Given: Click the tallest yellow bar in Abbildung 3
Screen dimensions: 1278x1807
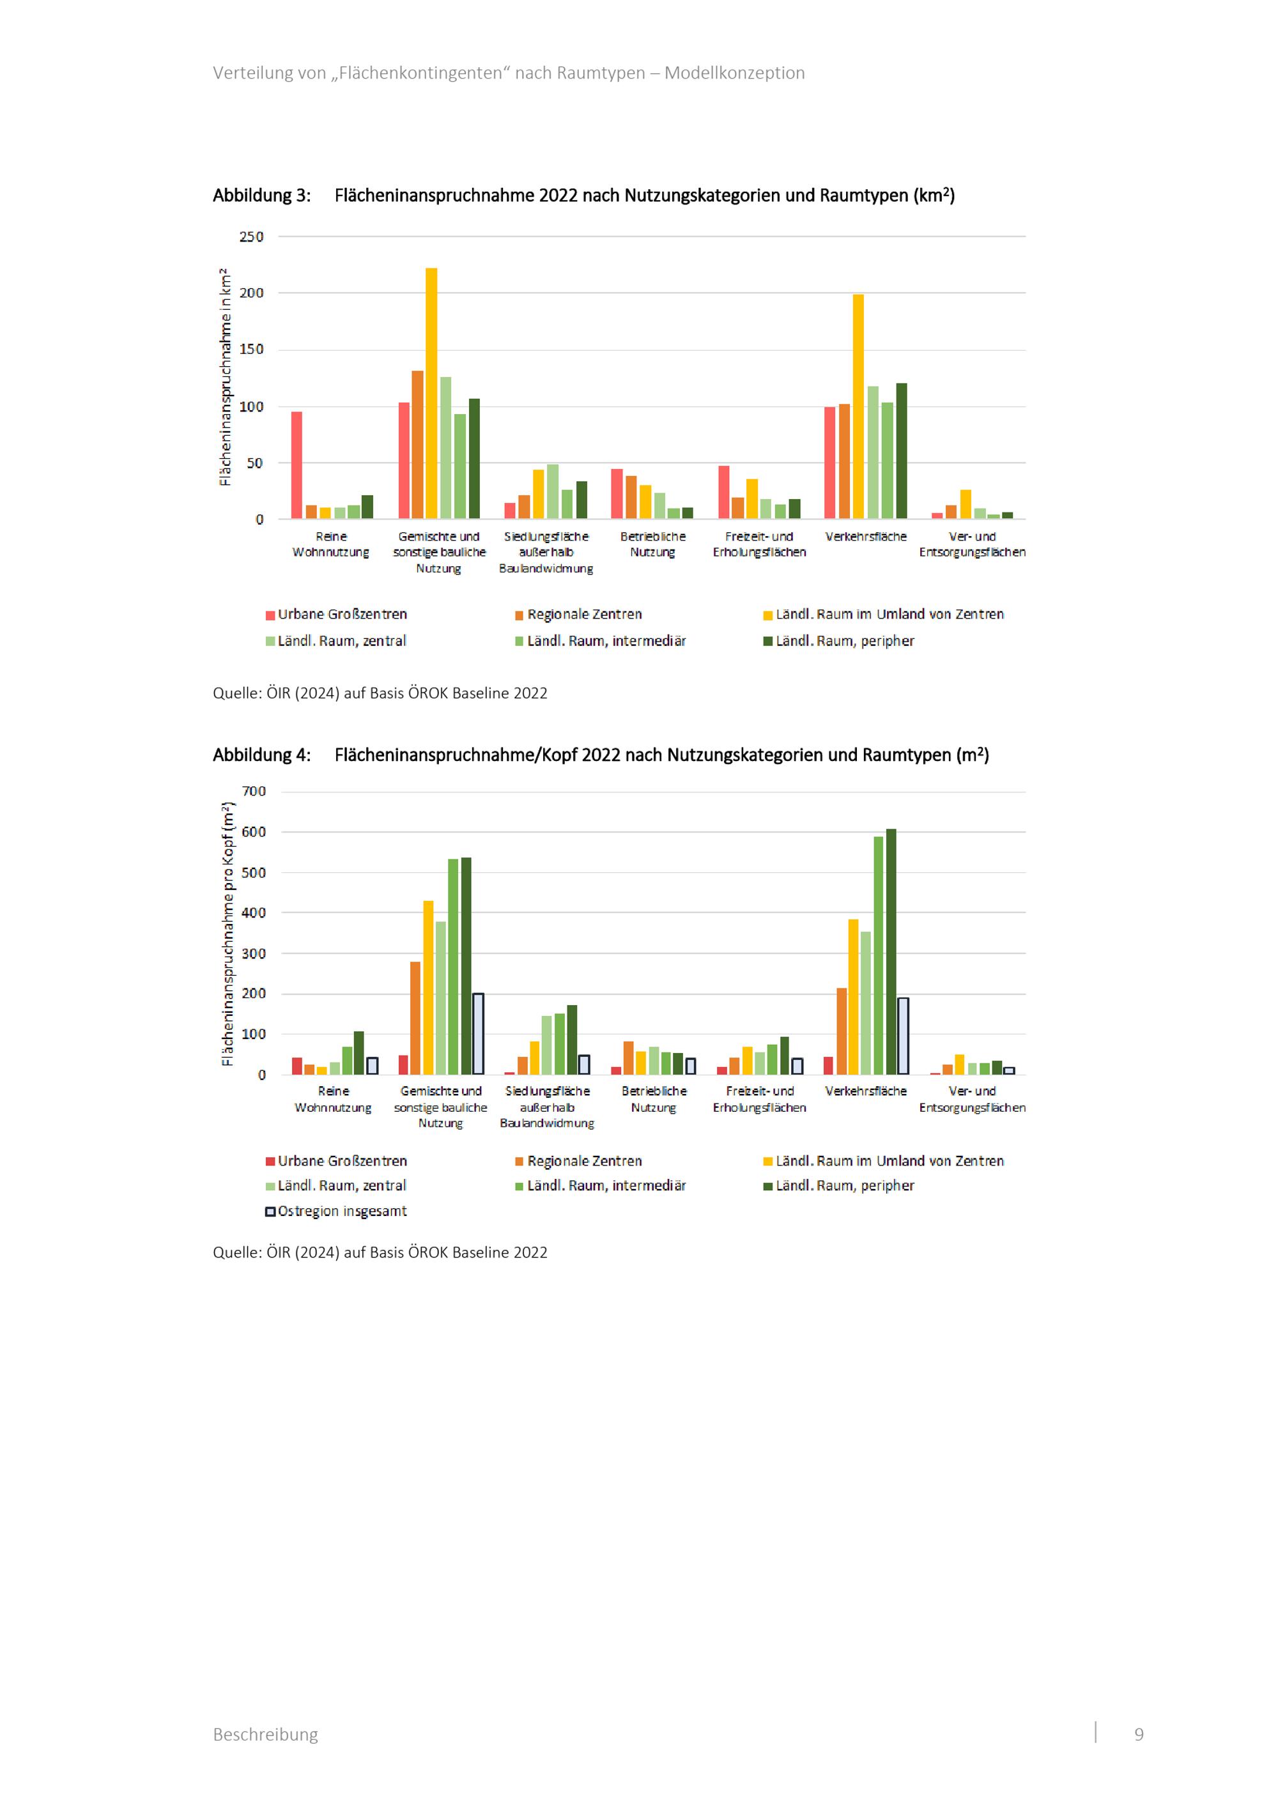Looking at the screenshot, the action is point(431,394).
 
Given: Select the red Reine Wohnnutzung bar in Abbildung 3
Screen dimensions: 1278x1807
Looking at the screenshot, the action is point(296,465).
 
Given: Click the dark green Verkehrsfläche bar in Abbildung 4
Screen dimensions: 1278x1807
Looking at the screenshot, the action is point(891,951).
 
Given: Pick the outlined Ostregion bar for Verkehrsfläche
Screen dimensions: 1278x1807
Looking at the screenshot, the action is point(904,1036).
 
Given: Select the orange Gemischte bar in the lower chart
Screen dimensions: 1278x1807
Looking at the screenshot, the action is point(415,1018).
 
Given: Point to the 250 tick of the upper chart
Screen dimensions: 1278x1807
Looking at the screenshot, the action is point(252,236).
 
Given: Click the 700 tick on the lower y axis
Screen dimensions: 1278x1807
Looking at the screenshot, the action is point(254,791).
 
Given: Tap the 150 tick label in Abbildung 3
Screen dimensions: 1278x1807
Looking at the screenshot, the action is point(252,350).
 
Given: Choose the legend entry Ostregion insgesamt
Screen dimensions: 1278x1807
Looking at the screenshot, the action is point(336,1211).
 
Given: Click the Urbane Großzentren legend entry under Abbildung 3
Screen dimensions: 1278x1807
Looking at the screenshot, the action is point(336,614).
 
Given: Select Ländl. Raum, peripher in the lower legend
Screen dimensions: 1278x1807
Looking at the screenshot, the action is point(839,1185).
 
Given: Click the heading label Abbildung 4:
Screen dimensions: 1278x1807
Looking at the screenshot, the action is point(261,755).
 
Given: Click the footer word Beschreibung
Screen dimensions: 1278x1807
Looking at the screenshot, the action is point(265,1735).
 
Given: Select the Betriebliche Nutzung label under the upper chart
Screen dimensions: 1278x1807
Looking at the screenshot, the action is point(653,544).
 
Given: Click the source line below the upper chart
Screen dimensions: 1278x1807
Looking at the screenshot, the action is point(380,693).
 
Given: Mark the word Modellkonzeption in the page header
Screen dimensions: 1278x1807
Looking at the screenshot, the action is point(734,73).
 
